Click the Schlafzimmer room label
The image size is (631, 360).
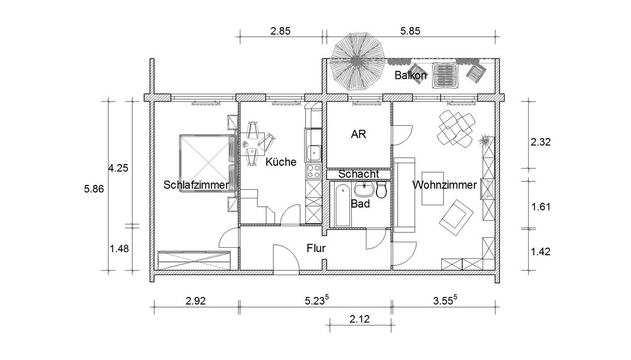(x=196, y=185)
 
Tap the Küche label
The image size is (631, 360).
(x=281, y=162)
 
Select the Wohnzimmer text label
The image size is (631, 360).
(x=444, y=185)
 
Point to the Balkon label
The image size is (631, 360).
(x=410, y=75)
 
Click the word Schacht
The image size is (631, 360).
(x=359, y=174)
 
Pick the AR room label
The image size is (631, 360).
(x=359, y=134)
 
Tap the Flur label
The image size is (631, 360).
(x=316, y=248)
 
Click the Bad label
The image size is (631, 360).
(x=360, y=204)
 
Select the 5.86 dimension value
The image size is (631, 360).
(x=94, y=189)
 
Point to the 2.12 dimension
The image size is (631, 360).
(x=359, y=319)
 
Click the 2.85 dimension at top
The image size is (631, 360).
(x=280, y=31)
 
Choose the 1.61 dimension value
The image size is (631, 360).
(x=541, y=207)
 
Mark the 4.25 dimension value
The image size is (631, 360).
(x=118, y=168)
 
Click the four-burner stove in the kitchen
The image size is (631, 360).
(x=314, y=171)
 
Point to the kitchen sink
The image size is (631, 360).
(x=314, y=153)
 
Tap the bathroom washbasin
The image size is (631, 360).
(x=365, y=189)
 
